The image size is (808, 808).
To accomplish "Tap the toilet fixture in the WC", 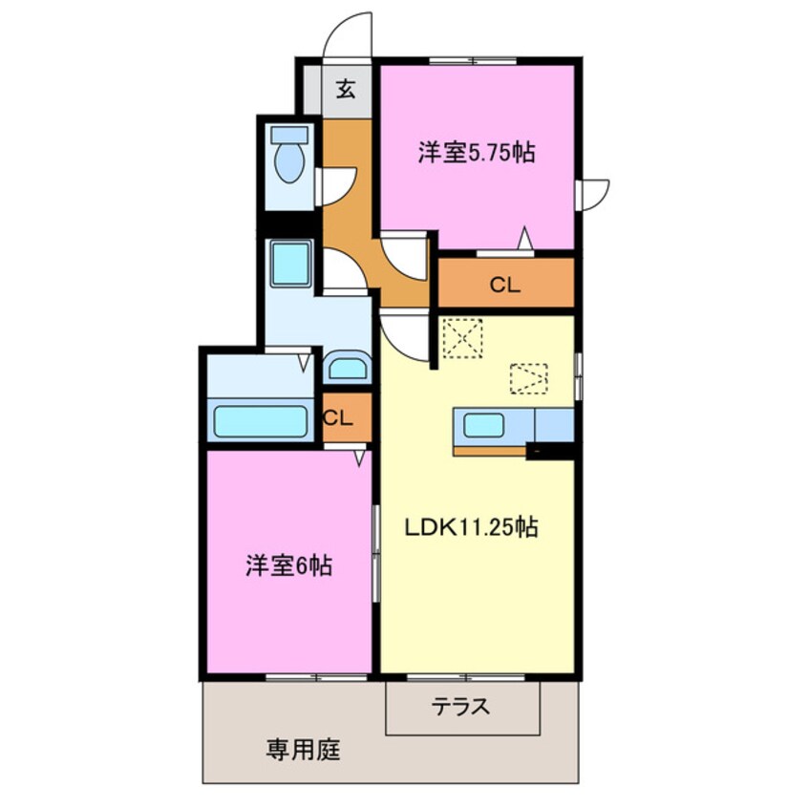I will coord(289,158).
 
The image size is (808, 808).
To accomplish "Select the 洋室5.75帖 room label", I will coord(475,152).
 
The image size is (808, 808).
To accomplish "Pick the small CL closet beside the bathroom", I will coord(339,418).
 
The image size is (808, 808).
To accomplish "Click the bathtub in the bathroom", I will coord(260,421).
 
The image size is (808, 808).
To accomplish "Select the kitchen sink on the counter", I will coord(484,424).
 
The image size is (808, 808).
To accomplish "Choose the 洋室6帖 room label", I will coord(287,565).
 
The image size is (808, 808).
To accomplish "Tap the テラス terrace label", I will coord(461,708).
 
